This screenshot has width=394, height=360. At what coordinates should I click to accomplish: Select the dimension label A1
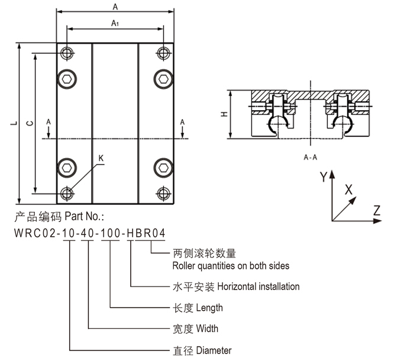coord(115,23)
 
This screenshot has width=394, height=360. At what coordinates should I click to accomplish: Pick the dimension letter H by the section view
coord(224,115)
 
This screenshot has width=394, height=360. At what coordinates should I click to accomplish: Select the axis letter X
coord(348,190)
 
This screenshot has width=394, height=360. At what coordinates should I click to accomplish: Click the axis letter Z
coord(376,208)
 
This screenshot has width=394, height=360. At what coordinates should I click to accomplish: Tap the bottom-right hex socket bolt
coord(163,166)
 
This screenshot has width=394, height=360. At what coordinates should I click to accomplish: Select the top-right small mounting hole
coord(163,53)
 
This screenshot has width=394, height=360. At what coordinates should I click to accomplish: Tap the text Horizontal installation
coord(259,287)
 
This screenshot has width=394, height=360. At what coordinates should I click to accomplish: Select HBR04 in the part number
coord(144,233)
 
